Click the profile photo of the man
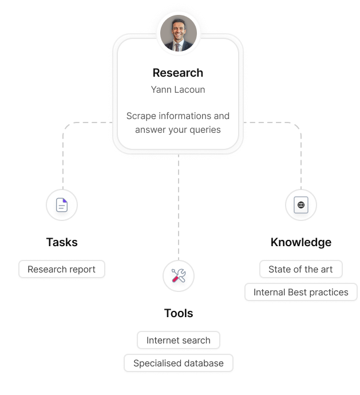(178, 33)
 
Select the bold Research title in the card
(178, 73)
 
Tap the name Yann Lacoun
(178, 89)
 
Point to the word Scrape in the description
(141, 116)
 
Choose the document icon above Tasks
(62, 205)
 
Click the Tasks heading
(62, 242)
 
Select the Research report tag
(62, 269)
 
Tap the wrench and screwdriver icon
(179, 276)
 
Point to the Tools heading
(179, 313)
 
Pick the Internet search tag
(179, 340)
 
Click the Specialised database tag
(179, 363)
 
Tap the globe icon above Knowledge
(301, 205)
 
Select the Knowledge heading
(301, 242)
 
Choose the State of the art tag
(300, 269)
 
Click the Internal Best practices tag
(301, 292)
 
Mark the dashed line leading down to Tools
(179, 212)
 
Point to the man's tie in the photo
(177, 46)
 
